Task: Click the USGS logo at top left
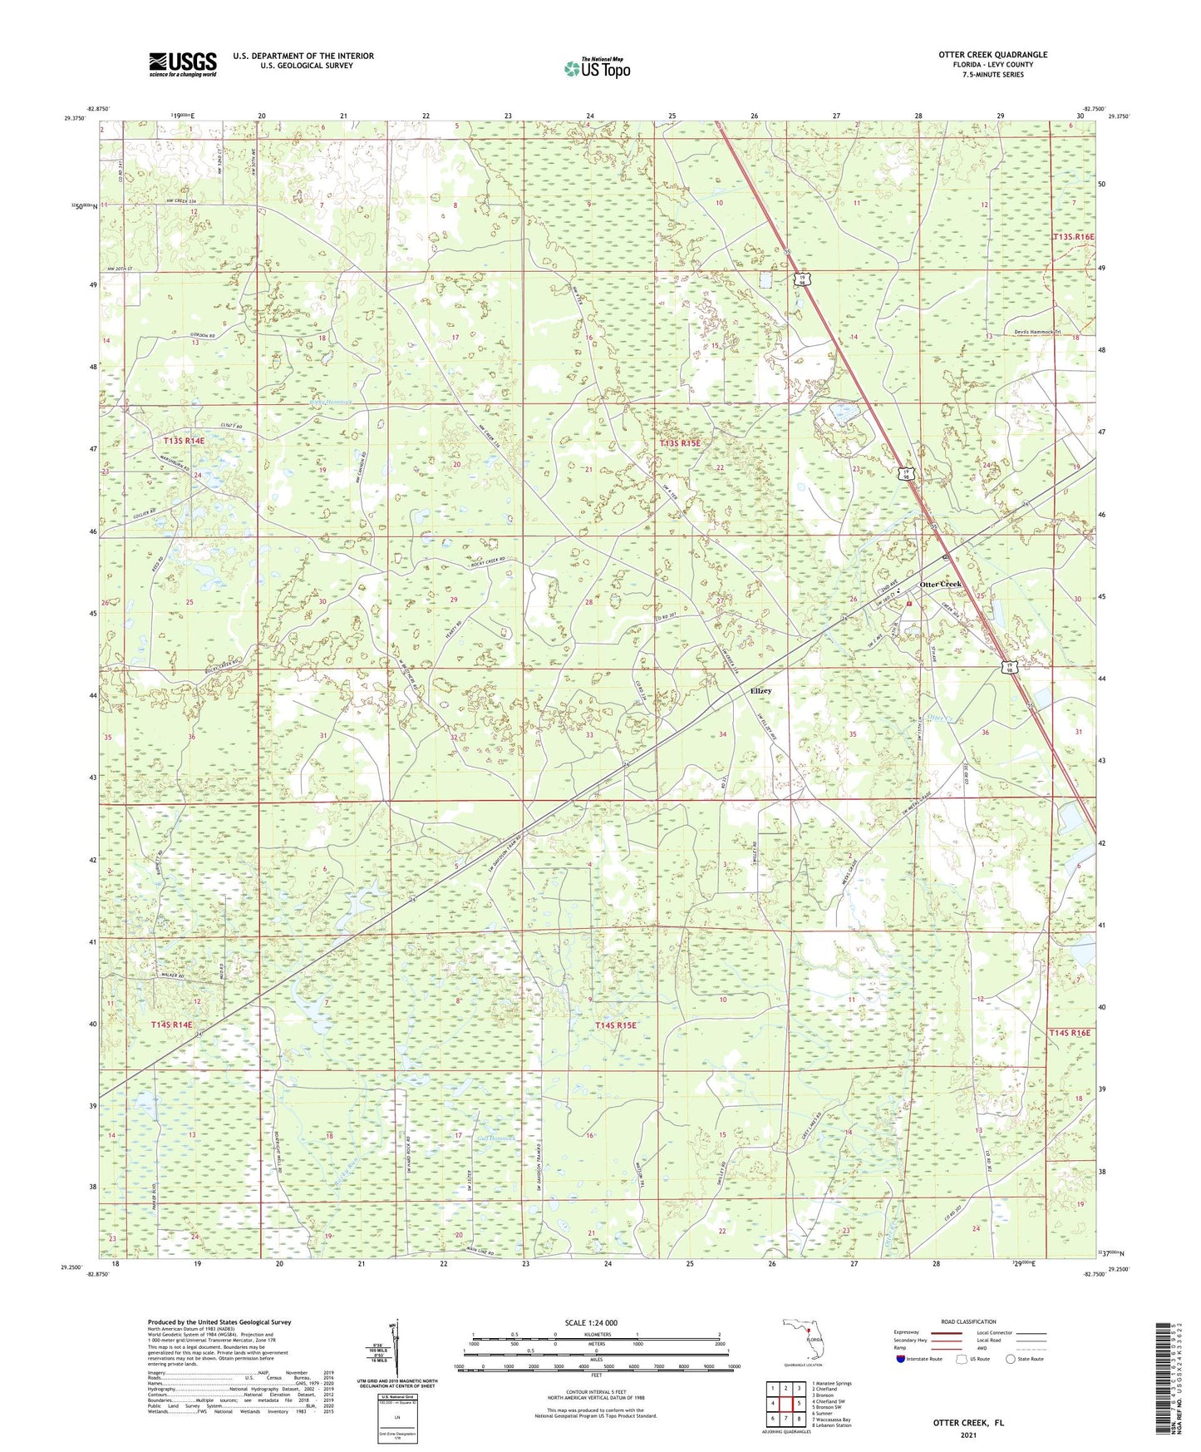click(x=183, y=64)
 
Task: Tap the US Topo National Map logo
click(x=596, y=67)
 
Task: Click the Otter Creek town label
click(x=940, y=584)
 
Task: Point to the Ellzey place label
click(x=760, y=691)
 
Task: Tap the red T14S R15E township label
click(x=615, y=1025)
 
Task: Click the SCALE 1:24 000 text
click(x=591, y=1322)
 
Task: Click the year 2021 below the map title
click(x=967, y=1435)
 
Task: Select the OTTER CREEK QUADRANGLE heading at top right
click(x=992, y=55)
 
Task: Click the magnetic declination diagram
click(x=396, y=1351)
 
